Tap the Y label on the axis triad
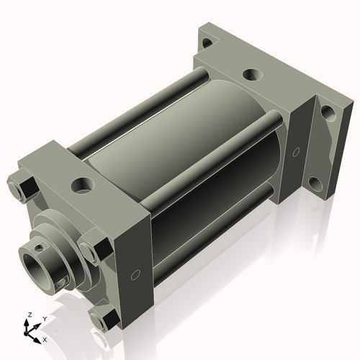coord(44,319)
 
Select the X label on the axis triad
coord(45,338)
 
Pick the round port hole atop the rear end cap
coord(252,73)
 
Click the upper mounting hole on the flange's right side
coord(326,112)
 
